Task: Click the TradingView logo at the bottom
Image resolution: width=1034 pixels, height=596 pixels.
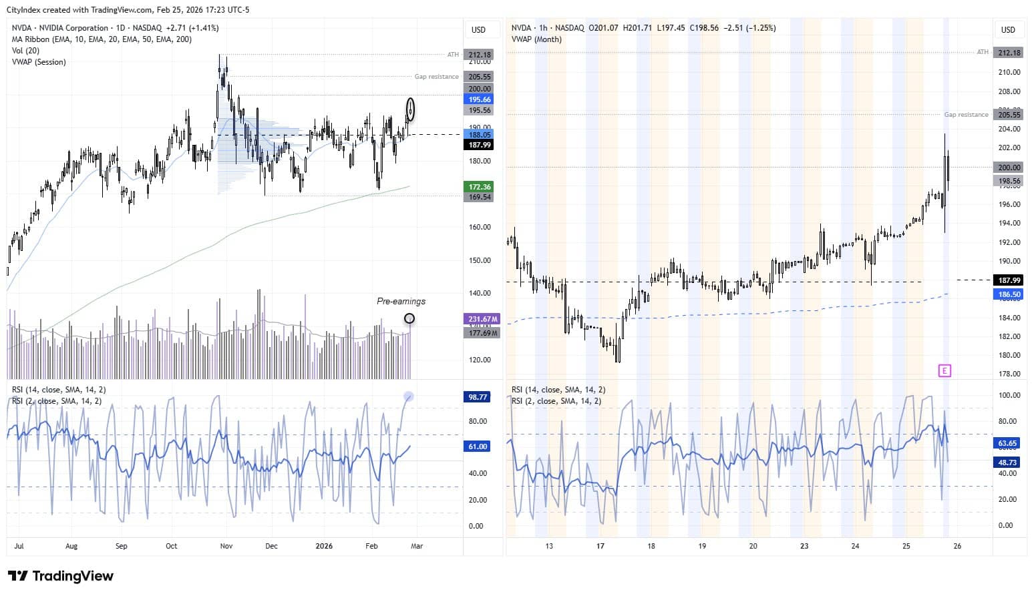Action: (61, 576)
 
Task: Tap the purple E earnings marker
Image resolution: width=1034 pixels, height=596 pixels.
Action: (944, 370)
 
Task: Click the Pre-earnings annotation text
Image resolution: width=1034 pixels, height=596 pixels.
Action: (401, 301)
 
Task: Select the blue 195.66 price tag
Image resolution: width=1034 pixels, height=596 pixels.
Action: (479, 99)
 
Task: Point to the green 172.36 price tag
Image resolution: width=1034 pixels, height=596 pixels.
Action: (479, 187)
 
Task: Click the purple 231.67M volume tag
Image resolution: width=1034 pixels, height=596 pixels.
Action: (481, 320)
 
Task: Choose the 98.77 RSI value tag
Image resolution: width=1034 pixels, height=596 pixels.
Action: (478, 397)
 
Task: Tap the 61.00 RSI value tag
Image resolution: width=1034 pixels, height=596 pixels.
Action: (478, 446)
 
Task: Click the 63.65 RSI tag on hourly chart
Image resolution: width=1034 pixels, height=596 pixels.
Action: (1007, 443)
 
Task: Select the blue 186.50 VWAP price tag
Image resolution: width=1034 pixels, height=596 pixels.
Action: (1009, 294)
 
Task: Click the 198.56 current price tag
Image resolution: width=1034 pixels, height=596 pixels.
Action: (1009, 181)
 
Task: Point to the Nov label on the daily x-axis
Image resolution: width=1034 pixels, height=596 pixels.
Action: (226, 546)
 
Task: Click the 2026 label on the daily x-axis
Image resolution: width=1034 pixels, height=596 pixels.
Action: (323, 546)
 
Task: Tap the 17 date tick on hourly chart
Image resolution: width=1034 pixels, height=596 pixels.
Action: (600, 546)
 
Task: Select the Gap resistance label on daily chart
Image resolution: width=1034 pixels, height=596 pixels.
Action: (436, 77)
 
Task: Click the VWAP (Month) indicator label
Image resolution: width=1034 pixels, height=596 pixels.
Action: (536, 39)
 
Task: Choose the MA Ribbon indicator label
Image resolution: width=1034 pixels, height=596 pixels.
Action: (102, 39)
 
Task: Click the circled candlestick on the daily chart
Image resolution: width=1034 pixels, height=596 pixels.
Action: (410, 109)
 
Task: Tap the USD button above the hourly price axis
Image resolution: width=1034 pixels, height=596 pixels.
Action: (1008, 29)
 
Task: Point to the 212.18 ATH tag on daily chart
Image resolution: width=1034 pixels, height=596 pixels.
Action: (479, 55)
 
